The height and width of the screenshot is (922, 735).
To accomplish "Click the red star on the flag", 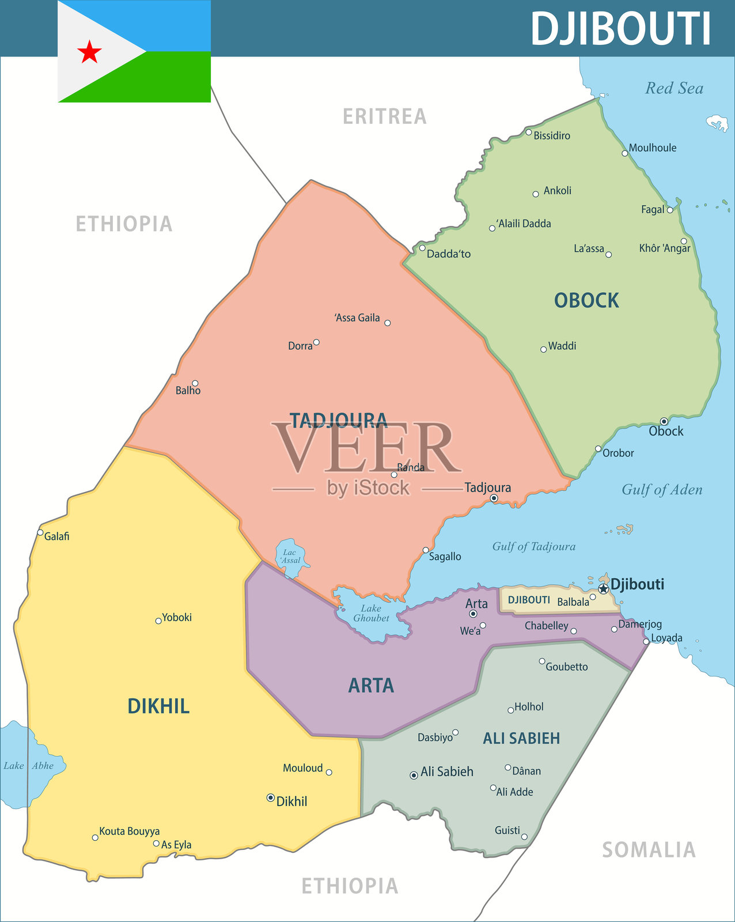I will click(90, 52).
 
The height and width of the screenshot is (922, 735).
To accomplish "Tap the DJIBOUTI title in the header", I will click(620, 29).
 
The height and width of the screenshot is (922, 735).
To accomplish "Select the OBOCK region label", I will click(586, 300).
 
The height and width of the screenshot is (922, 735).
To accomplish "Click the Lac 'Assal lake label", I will click(290, 556).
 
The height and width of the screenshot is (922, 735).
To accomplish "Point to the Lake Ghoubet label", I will click(371, 613).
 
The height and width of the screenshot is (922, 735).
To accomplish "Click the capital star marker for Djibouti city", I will click(603, 588).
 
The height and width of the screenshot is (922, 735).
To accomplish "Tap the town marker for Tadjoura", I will click(494, 498).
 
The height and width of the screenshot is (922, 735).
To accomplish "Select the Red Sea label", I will click(674, 88).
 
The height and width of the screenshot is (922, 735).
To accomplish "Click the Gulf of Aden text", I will click(662, 490).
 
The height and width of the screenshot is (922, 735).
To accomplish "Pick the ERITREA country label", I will click(385, 116).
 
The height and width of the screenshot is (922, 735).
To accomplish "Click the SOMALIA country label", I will click(649, 850).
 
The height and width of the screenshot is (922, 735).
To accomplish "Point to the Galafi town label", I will click(56, 536).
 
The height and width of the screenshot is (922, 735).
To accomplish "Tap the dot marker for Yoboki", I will click(158, 621).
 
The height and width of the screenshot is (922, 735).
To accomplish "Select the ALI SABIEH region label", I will click(521, 738).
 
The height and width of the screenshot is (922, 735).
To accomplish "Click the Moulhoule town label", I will click(652, 148).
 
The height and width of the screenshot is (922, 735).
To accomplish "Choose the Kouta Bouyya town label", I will click(129, 831).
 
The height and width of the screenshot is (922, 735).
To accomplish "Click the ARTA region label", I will click(371, 685).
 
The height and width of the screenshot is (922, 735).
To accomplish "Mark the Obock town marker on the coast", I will click(664, 421).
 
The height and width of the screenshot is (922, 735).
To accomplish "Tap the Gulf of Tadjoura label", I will click(533, 546).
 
